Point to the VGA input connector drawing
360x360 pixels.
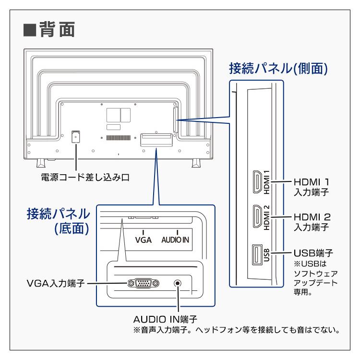pyautogui.click(x=143, y=283)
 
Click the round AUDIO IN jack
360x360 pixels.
pyautogui.click(x=178, y=283)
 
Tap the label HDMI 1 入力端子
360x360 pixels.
pyautogui.click(x=312, y=187)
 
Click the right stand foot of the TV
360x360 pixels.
pyautogui.click(x=197, y=162)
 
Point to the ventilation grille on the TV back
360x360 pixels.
pyautogui.click(x=119, y=138)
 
